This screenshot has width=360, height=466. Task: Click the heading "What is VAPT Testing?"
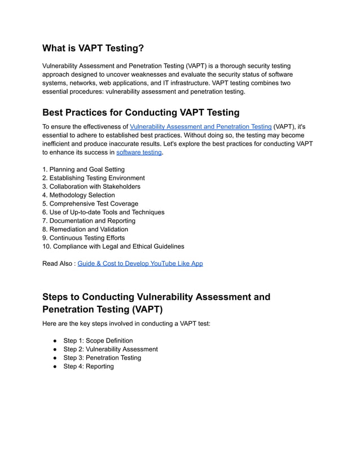pyautogui.click(x=93, y=49)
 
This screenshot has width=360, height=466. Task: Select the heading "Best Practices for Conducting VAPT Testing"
pyautogui.click(x=141, y=112)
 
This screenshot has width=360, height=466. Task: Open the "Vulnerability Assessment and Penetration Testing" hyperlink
pyautogui.click(x=200, y=127)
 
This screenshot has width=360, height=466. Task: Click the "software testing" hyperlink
pyautogui.click(x=139, y=152)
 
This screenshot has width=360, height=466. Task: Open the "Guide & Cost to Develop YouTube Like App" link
pyautogui.click(x=140, y=263)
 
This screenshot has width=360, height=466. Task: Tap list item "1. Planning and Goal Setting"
pyautogui.click(x=84, y=169)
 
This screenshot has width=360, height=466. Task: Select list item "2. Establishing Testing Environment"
pyautogui.click(x=93, y=178)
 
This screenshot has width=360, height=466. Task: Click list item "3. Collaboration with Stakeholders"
pyautogui.click(x=91, y=186)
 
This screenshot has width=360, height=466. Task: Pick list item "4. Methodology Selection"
pyautogui.click(x=78, y=195)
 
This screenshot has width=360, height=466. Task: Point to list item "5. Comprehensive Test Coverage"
pyautogui.click(x=90, y=204)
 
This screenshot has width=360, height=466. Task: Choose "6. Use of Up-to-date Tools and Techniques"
pyautogui.click(x=103, y=212)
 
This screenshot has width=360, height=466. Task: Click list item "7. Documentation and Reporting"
pyautogui.click(x=89, y=221)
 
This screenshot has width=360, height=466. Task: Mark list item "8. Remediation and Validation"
pyautogui.click(x=85, y=229)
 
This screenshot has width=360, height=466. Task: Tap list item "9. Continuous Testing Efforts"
pyautogui.click(x=84, y=238)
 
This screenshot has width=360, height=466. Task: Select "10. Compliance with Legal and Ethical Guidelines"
pyautogui.click(x=113, y=247)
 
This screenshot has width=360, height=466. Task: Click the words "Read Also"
pyautogui.click(x=57, y=263)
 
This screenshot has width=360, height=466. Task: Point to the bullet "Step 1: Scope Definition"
pyautogui.click(x=98, y=341)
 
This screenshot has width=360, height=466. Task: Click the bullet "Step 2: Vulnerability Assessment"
pyautogui.click(x=110, y=349)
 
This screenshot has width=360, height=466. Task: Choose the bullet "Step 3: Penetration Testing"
pyautogui.click(x=102, y=358)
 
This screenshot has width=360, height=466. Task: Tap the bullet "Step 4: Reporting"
pyautogui.click(x=88, y=366)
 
